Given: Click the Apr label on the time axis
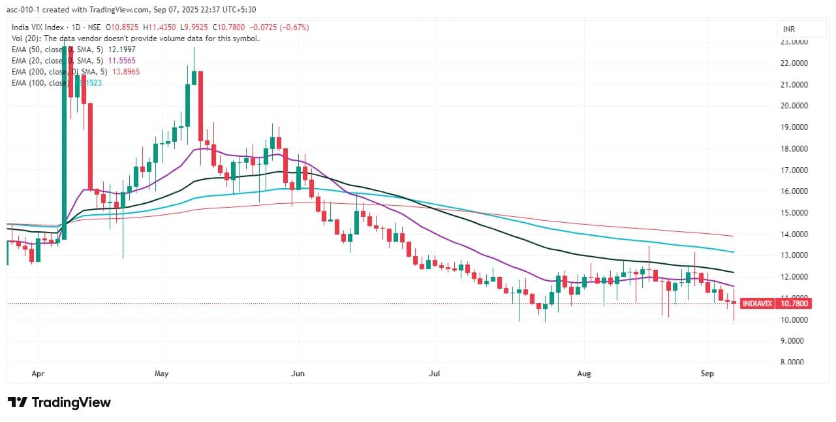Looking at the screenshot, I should (38, 374).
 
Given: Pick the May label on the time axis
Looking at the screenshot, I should (162, 374).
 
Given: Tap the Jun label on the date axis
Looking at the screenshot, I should (298, 374).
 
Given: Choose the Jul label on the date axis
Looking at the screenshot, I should (434, 374).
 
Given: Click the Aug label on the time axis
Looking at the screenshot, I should (584, 374).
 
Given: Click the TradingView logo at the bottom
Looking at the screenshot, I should (59, 402).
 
